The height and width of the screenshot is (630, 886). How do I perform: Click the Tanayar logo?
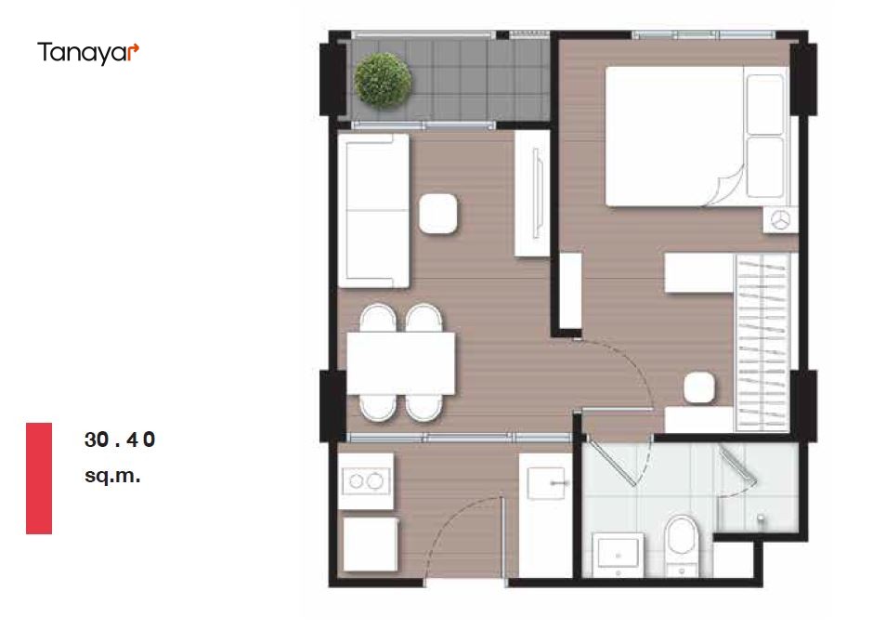[88, 53]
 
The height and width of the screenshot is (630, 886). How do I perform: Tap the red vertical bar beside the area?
[39, 478]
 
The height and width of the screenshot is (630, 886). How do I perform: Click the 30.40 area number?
[119, 440]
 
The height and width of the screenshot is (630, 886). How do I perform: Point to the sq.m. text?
[112, 476]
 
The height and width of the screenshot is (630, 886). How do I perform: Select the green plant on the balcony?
[383, 80]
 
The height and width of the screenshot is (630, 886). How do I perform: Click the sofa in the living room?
[373, 210]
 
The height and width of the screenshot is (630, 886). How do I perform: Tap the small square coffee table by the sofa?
[438, 214]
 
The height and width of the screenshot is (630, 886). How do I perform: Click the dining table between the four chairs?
[400, 363]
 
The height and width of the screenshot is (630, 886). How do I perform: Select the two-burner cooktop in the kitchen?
[366, 481]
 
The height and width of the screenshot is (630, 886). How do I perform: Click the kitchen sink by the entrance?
[546, 483]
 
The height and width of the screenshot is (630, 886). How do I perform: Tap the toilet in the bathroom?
[681, 544]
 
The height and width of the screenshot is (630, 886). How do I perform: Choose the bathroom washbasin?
[618, 554]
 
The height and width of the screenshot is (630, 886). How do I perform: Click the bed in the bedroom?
[697, 137]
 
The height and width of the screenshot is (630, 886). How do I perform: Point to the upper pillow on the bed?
[765, 105]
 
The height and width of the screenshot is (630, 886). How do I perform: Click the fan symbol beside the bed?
[781, 220]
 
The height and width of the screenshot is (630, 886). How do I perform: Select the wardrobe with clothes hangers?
[762, 342]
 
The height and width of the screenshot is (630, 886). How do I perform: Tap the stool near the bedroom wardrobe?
[699, 388]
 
